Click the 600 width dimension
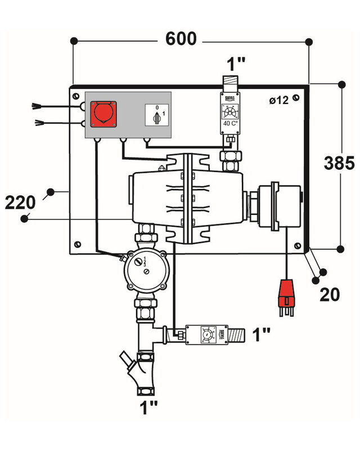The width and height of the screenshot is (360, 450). (x=181, y=39)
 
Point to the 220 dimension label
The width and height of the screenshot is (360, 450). (x=20, y=201)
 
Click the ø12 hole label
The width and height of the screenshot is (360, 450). (x=278, y=100)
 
